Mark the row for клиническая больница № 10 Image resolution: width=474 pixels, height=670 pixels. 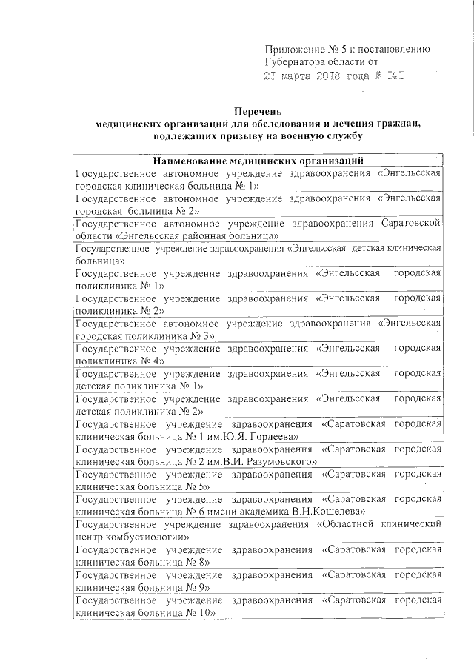(x=259, y=607)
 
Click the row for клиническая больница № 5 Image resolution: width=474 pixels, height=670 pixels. (x=259, y=480)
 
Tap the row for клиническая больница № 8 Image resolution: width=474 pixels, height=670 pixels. (x=259, y=557)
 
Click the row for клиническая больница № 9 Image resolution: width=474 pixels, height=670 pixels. (x=259, y=582)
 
